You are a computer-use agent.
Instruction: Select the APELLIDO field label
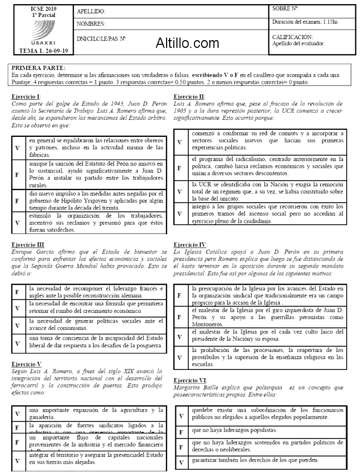pos(91,11)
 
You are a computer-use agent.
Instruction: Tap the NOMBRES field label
pos(91,24)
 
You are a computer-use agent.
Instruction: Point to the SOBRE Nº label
pos(285,8)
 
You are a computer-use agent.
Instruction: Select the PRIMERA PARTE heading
pos(39,67)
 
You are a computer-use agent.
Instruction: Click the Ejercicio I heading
pos(26,96)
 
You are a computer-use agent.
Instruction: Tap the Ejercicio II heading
pos(190,96)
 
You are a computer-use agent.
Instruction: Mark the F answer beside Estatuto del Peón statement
pos(17,175)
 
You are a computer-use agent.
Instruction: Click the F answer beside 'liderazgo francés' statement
pos(17,292)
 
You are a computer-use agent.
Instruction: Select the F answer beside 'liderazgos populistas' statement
pos(181,431)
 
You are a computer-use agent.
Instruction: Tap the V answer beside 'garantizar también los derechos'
pos(181,462)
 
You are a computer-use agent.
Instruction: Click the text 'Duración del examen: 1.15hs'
pos(305,22)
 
